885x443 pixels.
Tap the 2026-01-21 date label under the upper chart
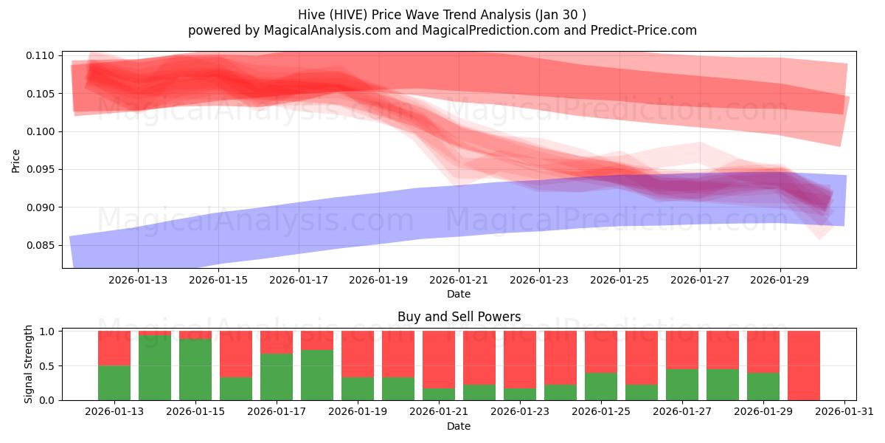pyautogui.click(x=459, y=280)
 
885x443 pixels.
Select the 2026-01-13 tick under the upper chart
pyautogui.click(x=138, y=280)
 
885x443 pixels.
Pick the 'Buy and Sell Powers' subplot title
pyautogui.click(x=459, y=317)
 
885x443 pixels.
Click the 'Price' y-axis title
pyautogui.click(x=16, y=159)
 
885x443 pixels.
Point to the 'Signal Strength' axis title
pyautogui.click(x=29, y=364)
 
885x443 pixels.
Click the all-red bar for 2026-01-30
pyautogui.click(x=803, y=365)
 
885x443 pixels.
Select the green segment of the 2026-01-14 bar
pyautogui.click(x=155, y=368)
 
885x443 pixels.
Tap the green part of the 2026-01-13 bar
pyautogui.click(x=114, y=382)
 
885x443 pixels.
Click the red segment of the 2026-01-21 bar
pyautogui.click(x=439, y=359)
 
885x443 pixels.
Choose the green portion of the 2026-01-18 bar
pyautogui.click(x=317, y=375)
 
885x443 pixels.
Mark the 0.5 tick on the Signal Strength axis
pyautogui.click(x=49, y=365)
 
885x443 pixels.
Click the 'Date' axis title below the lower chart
pyautogui.click(x=459, y=426)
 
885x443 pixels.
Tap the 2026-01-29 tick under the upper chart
pyautogui.click(x=780, y=280)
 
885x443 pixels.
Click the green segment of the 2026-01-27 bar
pyautogui.click(x=682, y=384)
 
